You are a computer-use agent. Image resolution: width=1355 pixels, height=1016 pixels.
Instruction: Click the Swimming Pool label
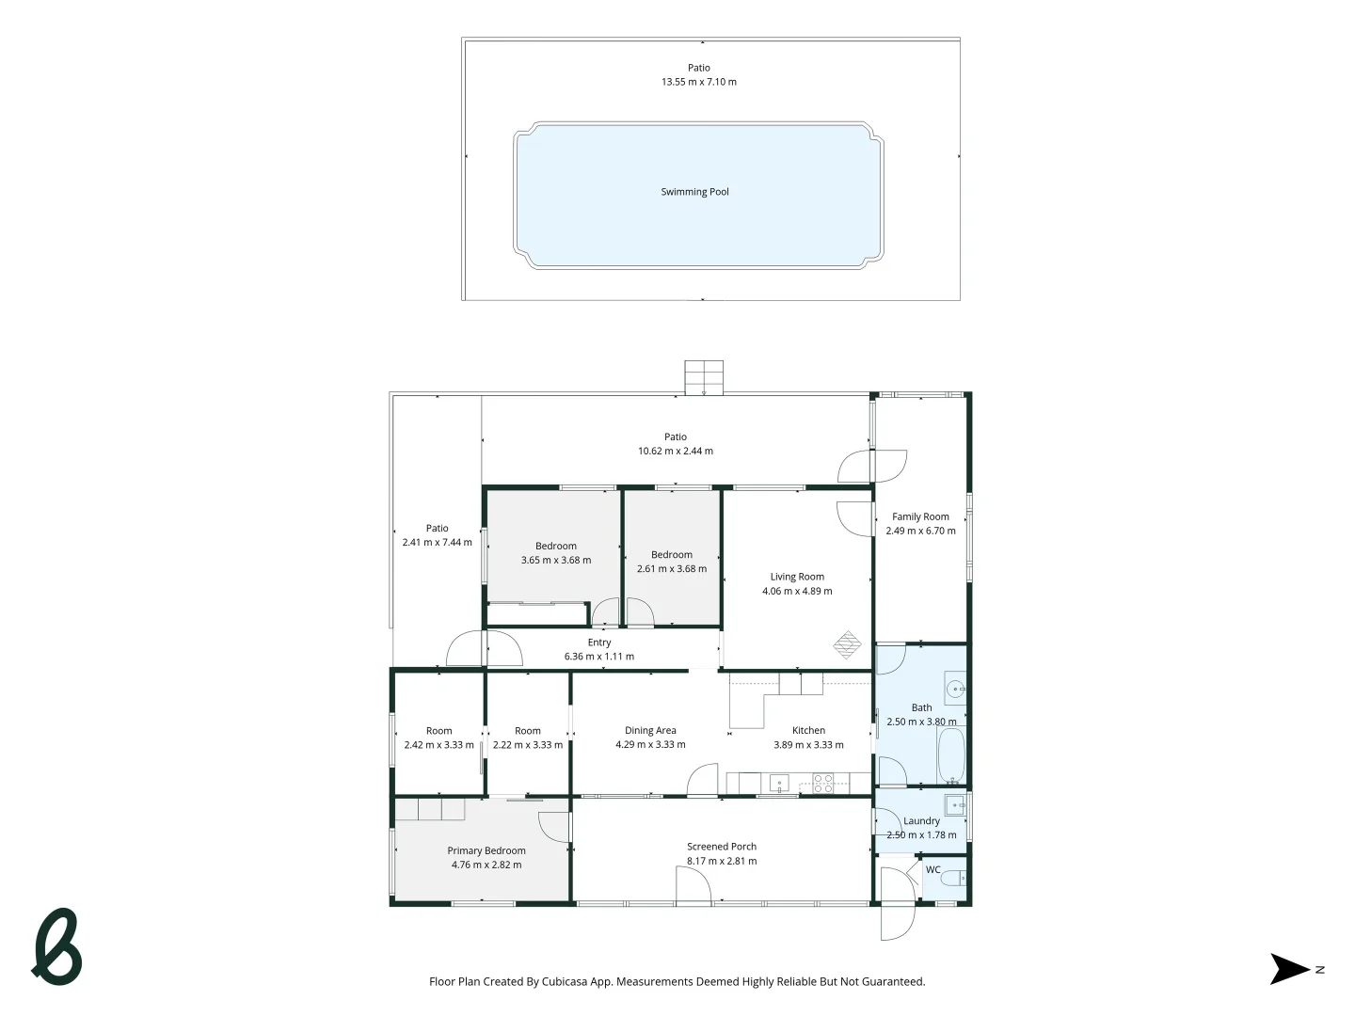tap(694, 192)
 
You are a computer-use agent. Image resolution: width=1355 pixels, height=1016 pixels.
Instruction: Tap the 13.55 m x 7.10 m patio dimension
tap(698, 82)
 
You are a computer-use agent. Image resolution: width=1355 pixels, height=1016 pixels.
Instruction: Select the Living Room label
tap(797, 577)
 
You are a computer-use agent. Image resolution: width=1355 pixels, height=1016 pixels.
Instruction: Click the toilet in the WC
tap(953, 879)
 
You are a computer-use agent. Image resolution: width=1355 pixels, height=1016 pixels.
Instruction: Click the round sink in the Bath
tap(955, 689)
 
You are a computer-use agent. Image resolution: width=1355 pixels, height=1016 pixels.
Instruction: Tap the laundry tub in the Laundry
tap(955, 805)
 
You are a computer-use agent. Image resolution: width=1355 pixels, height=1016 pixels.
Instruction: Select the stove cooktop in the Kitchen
tap(822, 783)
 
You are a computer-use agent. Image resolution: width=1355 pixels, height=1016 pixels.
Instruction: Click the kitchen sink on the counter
tap(779, 783)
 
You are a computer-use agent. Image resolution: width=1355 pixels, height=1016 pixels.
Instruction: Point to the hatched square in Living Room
tap(847, 644)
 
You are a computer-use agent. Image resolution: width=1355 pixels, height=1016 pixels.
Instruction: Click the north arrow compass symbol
tap(1290, 969)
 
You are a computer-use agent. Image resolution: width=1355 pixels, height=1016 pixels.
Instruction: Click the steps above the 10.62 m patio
tap(704, 376)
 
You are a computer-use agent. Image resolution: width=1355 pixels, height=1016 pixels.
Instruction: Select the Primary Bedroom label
tap(486, 850)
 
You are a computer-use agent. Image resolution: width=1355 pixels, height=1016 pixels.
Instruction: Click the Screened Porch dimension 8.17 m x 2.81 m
tap(722, 861)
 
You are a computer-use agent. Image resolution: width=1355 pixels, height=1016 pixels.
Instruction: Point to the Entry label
tap(599, 643)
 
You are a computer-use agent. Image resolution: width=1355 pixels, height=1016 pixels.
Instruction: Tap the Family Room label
tap(920, 516)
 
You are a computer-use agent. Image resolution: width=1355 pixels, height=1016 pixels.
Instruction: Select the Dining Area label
tap(650, 730)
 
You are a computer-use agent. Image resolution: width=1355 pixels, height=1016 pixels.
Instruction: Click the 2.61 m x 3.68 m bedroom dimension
tap(672, 568)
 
